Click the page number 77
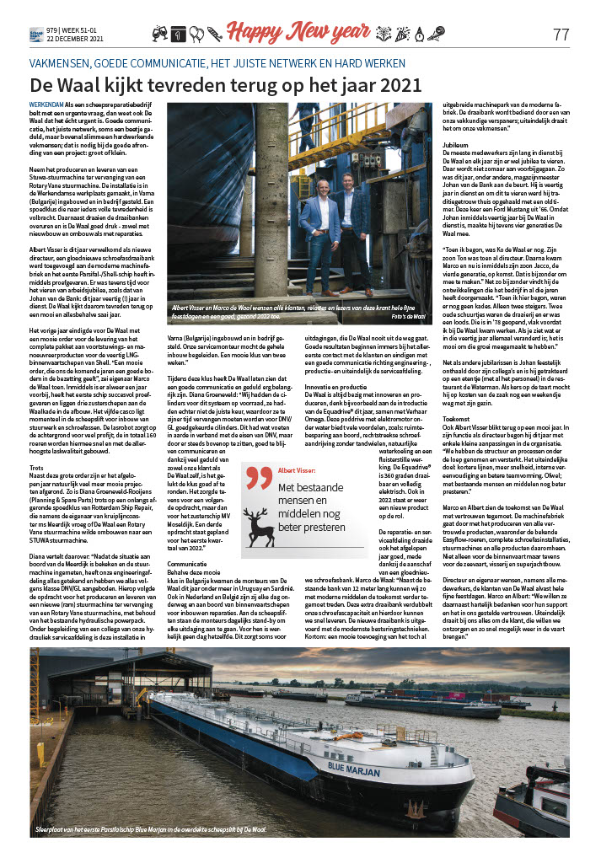click(x=561, y=35)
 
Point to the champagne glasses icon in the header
click(x=159, y=35)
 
